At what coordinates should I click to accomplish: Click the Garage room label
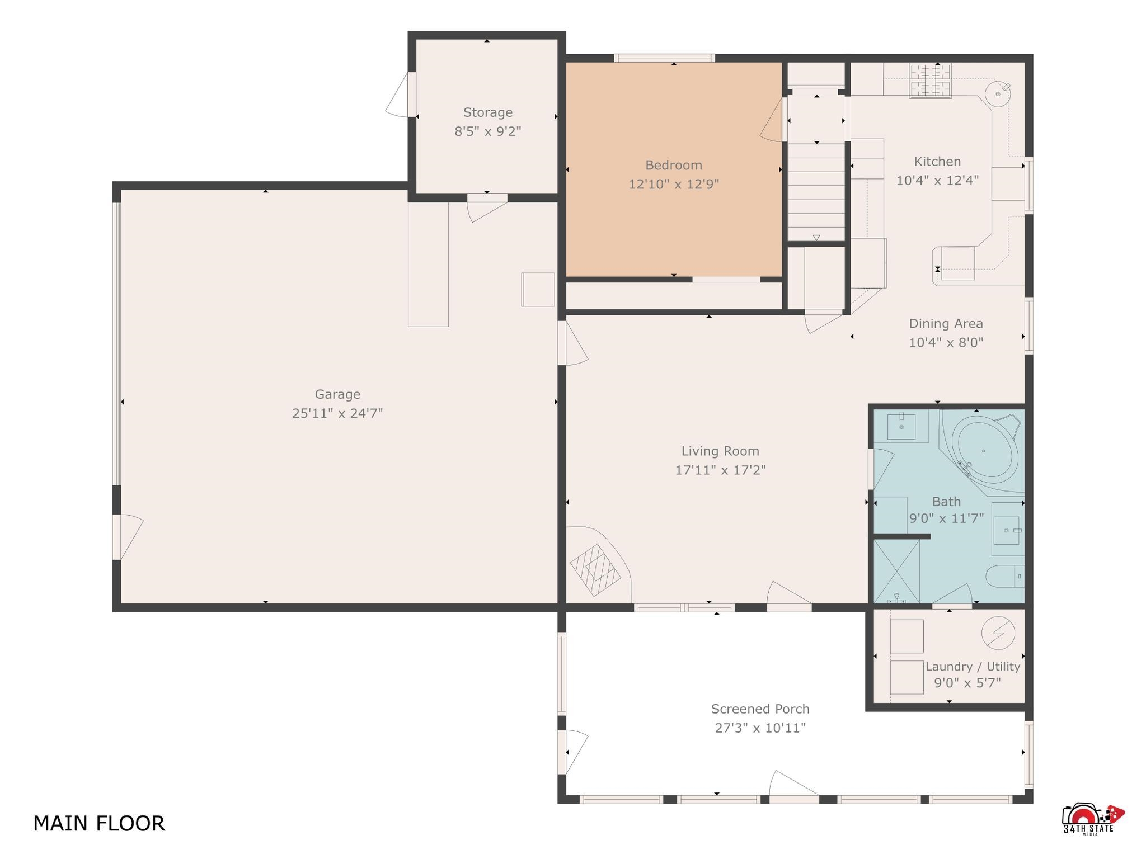click(337, 394)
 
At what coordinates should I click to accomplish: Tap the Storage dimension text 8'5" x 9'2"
click(488, 131)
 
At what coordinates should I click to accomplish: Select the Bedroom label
click(674, 165)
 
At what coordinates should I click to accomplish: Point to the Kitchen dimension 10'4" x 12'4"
click(937, 180)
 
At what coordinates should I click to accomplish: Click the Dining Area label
click(946, 323)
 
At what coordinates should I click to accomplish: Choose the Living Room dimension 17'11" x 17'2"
click(720, 470)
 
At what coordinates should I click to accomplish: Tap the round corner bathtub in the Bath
click(985, 450)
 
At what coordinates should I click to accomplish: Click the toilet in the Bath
click(1005, 577)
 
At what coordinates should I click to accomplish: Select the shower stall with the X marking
click(896, 571)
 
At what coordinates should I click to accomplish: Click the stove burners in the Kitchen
click(930, 81)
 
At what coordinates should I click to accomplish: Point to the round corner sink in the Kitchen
click(998, 94)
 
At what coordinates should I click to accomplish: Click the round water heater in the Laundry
click(998, 633)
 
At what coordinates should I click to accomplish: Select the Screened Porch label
click(760, 709)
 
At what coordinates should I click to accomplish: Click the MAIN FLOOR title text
click(99, 823)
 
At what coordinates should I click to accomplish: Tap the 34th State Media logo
click(1093, 819)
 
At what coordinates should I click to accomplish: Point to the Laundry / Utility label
click(973, 667)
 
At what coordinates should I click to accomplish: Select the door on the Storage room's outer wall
click(401, 95)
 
